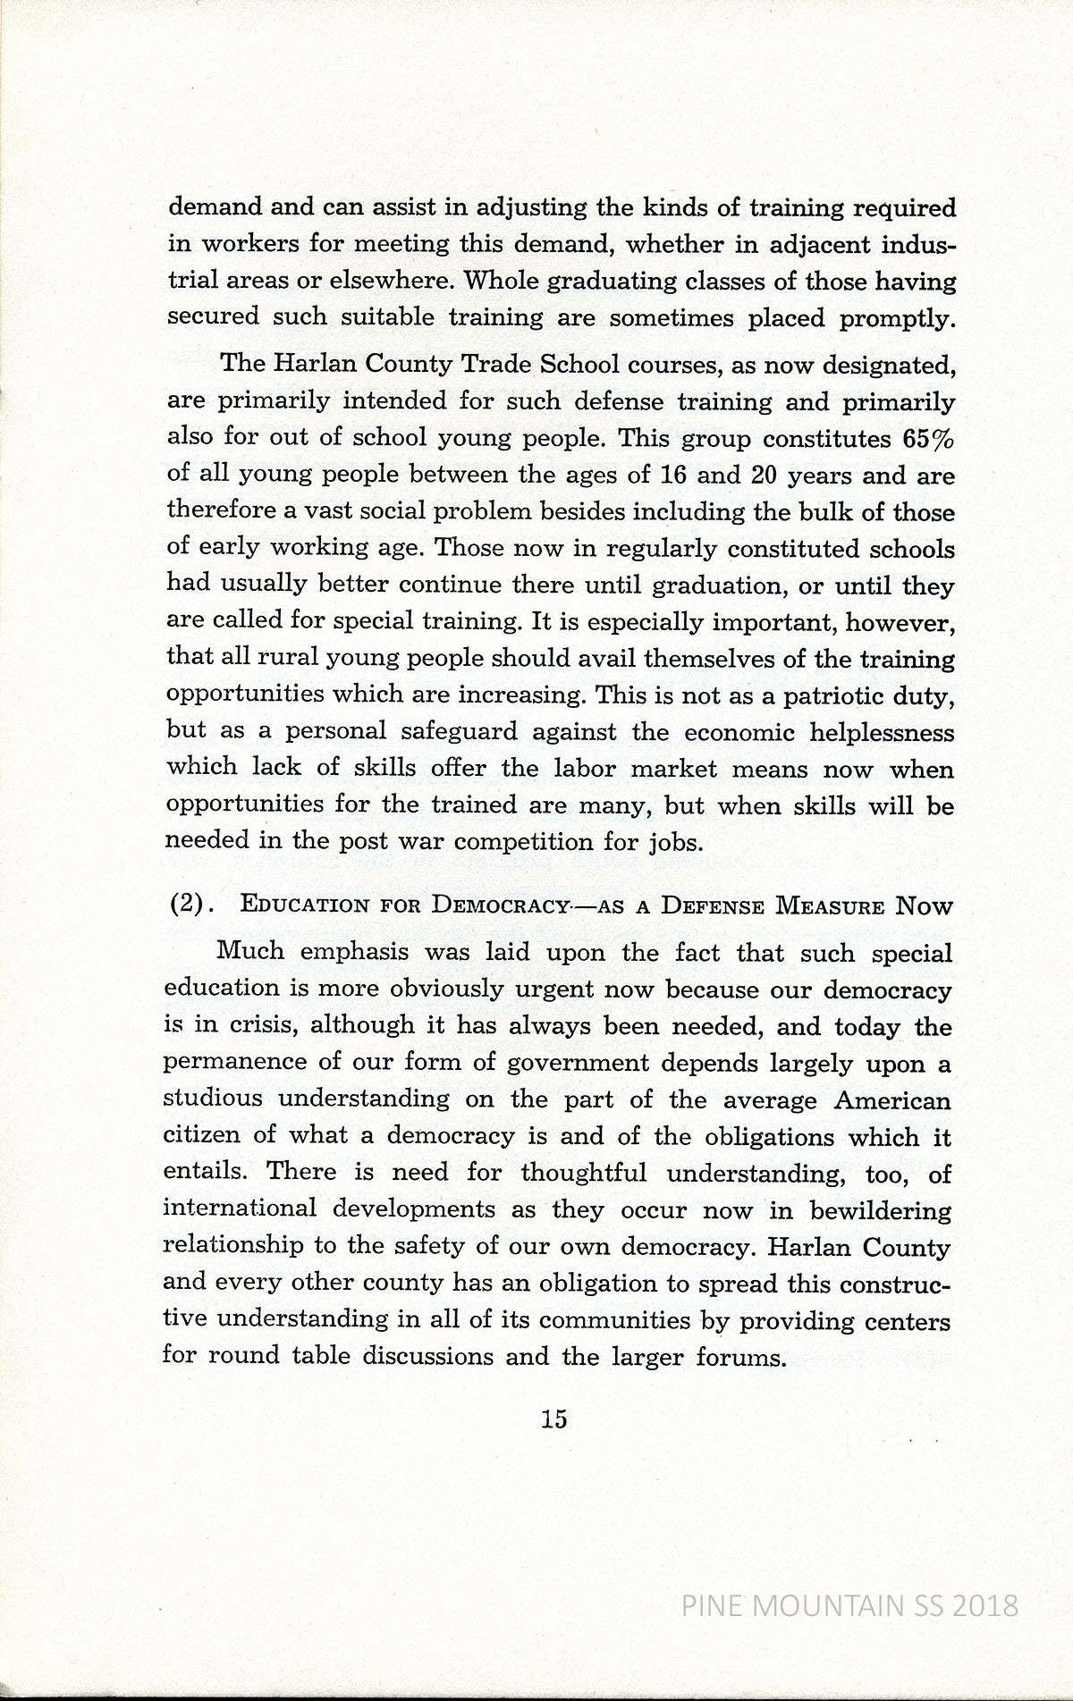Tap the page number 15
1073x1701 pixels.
tap(553, 1418)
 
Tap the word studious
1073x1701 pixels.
tap(212, 1099)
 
